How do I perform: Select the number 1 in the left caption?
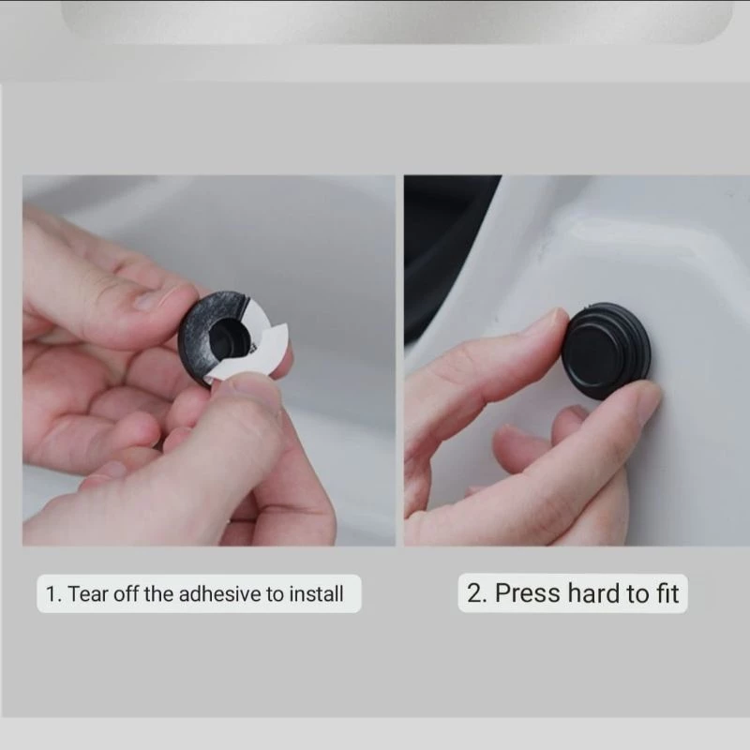(x=52, y=594)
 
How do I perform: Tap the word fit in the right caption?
(x=667, y=593)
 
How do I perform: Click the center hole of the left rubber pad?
(x=229, y=338)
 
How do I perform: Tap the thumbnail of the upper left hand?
(x=147, y=300)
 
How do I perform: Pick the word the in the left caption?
(x=158, y=594)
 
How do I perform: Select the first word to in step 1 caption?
(x=275, y=594)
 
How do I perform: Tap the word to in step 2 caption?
(x=638, y=593)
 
